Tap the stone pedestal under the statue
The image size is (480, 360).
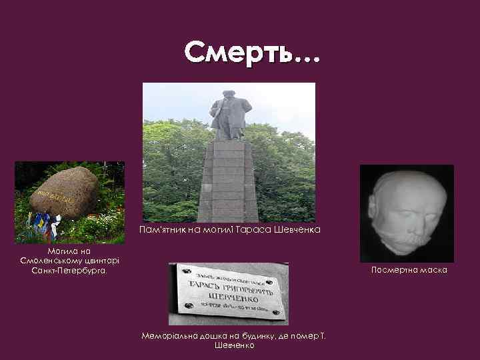point(229,180)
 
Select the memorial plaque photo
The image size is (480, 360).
point(228,293)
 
